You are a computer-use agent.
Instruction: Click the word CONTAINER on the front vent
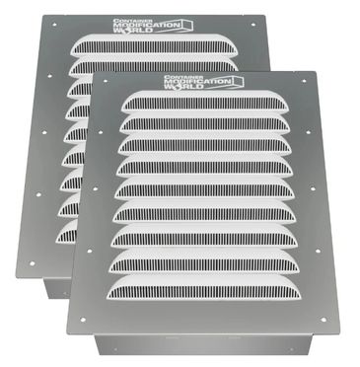click(177, 77)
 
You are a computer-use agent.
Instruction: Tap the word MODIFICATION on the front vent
click(197, 81)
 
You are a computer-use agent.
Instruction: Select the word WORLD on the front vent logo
click(183, 87)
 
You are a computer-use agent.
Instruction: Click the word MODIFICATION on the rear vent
click(146, 25)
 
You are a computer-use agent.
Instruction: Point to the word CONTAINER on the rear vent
click(125, 21)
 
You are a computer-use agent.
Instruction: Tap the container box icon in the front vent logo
click(238, 82)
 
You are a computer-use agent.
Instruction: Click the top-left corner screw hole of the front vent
click(106, 81)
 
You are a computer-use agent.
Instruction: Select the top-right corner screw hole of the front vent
click(304, 81)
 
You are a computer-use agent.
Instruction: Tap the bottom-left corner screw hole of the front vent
click(83, 320)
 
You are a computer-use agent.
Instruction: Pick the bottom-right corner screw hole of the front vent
click(324, 320)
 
